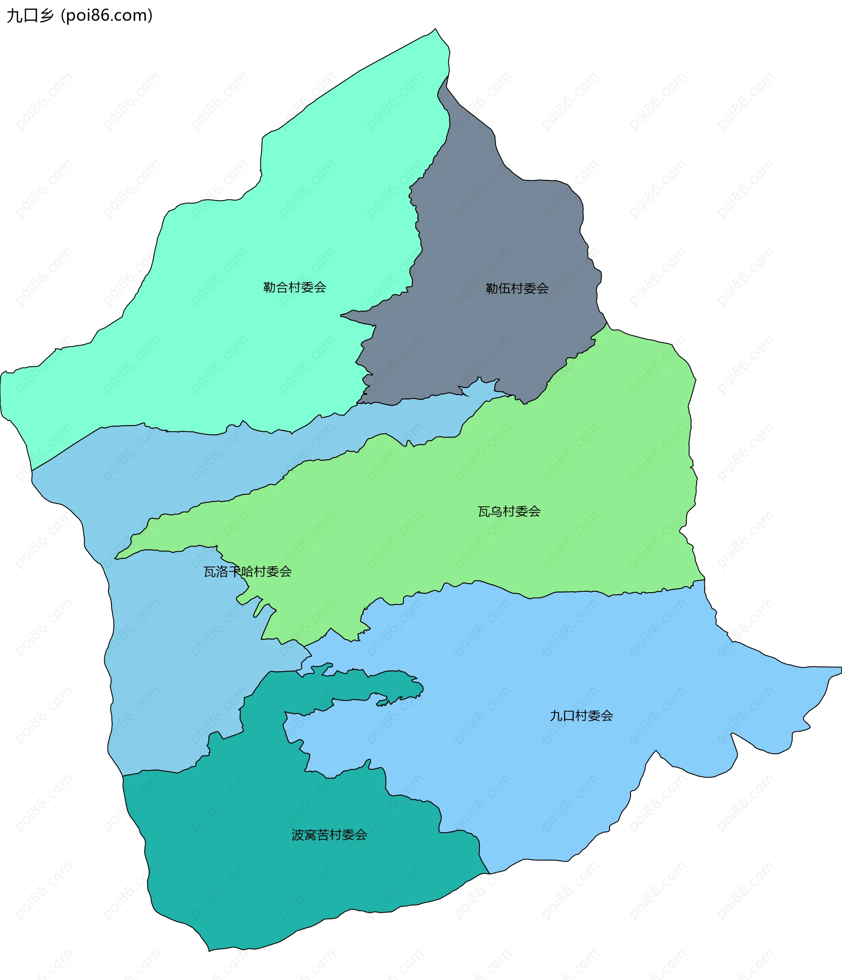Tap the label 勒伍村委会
(517, 289)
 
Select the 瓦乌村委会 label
(509, 511)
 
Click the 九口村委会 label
(581, 715)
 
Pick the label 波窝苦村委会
(329, 835)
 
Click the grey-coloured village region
(496, 236)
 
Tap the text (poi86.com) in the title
(107, 16)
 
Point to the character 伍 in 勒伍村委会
(504, 289)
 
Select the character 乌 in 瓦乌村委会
(496, 511)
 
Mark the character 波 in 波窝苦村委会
(298, 835)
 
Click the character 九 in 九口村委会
(556, 715)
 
